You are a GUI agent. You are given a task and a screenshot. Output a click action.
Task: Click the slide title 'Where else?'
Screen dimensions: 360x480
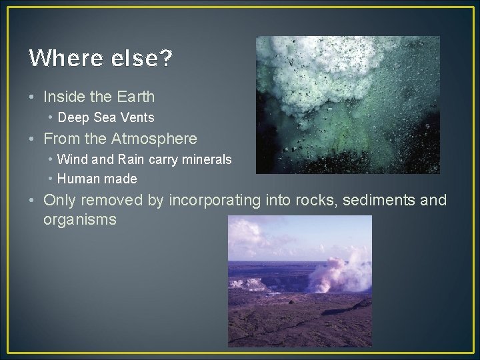(101, 59)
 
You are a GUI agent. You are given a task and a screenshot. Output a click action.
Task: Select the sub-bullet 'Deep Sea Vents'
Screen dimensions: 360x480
(106, 118)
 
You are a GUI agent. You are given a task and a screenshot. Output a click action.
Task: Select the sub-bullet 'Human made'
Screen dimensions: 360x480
(97, 179)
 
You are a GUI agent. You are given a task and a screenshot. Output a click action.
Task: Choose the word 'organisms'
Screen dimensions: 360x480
(80, 219)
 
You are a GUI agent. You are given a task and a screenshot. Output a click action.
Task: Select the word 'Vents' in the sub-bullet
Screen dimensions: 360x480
(139, 118)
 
